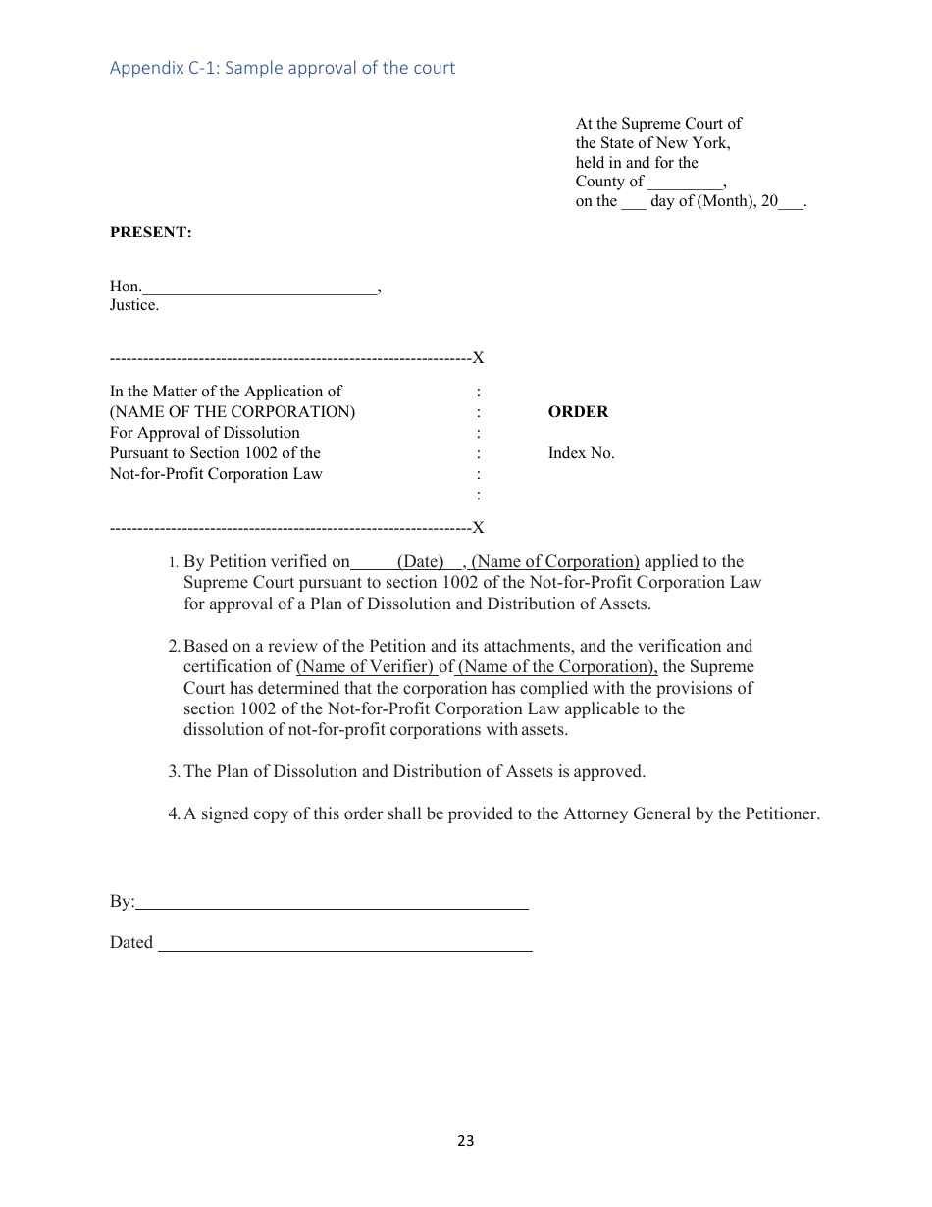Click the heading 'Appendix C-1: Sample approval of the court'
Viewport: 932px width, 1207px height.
point(283,68)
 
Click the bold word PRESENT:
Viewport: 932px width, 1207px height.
point(150,233)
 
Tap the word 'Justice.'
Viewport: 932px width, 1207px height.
point(134,305)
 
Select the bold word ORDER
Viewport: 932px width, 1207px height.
point(578,412)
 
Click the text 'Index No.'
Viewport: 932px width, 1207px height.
point(581,453)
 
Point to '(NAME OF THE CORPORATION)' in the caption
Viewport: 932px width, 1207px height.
point(233,412)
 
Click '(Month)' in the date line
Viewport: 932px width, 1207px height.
point(726,201)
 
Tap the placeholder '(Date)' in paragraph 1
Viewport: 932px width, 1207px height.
point(421,562)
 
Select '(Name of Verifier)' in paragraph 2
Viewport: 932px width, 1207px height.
point(365,667)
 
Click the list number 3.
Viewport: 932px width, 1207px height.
point(173,772)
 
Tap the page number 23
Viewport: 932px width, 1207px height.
point(465,1141)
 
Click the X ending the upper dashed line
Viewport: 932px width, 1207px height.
point(479,358)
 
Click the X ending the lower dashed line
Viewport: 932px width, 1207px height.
point(479,528)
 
